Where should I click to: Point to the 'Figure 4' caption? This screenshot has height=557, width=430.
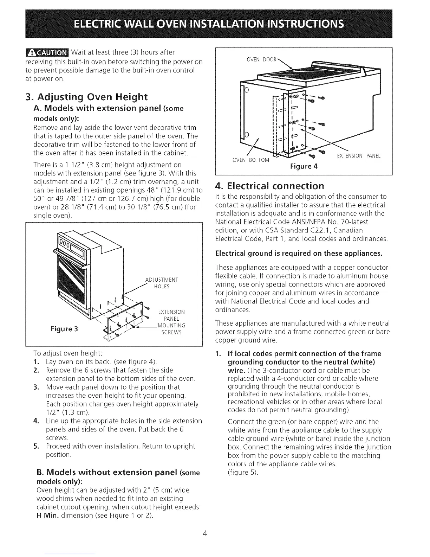coord(304,166)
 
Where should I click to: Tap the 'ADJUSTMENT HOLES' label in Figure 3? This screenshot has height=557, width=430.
coord(162,283)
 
